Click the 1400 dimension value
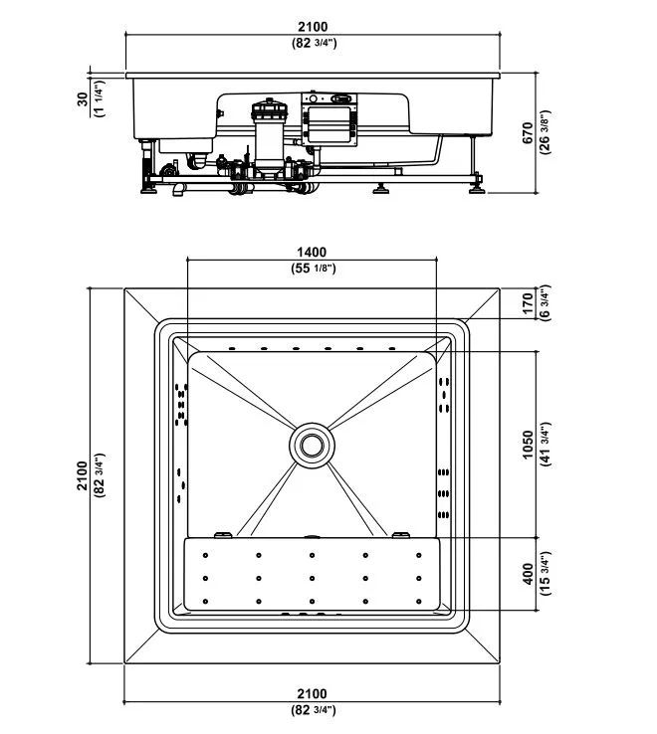(312, 253)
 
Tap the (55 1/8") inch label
(312, 269)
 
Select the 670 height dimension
(528, 133)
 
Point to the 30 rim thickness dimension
(83, 98)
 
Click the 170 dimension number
(528, 303)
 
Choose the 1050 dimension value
(528, 445)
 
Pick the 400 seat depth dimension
(528, 574)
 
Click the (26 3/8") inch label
(545, 132)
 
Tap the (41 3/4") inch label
(545, 445)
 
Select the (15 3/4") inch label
(545, 574)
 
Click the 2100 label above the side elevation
(313, 27)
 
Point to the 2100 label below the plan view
(313, 694)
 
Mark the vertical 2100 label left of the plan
(83, 475)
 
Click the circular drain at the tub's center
(312, 445)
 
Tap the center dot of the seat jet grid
(313, 578)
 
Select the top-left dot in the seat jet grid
(205, 555)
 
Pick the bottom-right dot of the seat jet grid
(418, 601)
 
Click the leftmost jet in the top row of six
(232, 348)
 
